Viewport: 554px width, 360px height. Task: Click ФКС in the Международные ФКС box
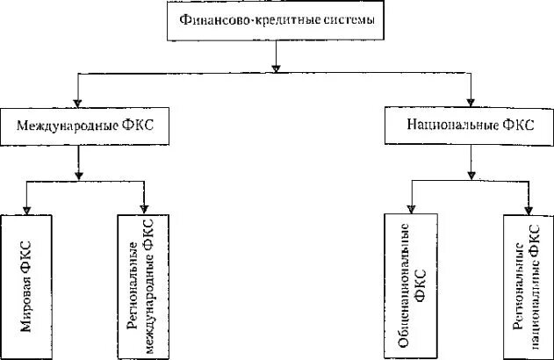[138, 125]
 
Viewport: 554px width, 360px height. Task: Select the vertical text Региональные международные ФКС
[141, 285]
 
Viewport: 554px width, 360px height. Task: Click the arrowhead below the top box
[277, 64]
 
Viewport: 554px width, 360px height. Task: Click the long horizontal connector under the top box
[176, 75]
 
